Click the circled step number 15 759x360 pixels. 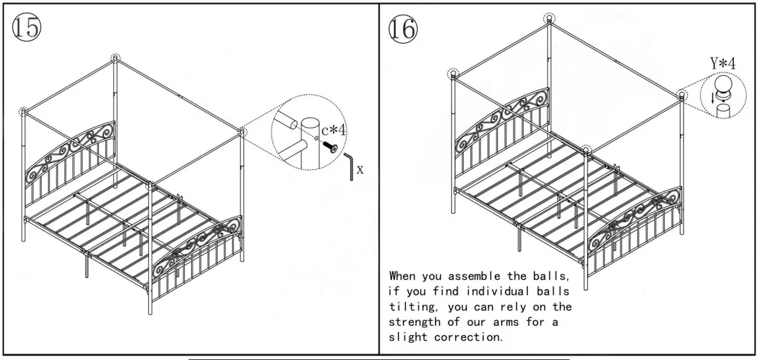point(26,28)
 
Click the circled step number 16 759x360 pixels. point(402,28)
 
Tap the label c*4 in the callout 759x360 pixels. point(334,130)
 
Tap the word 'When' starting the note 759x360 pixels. point(402,276)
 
